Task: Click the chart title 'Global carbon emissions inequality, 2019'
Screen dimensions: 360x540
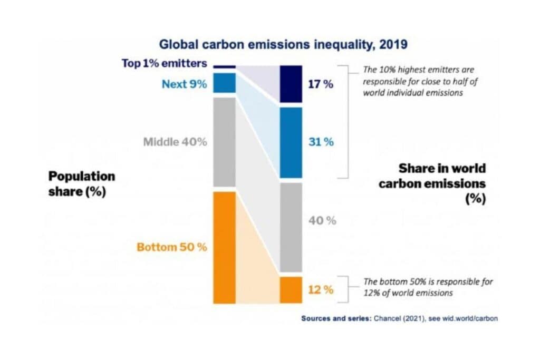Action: pyautogui.click(x=283, y=44)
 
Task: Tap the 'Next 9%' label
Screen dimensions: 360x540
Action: pyautogui.click(x=184, y=83)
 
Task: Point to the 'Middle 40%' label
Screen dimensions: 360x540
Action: pyautogui.click(x=175, y=142)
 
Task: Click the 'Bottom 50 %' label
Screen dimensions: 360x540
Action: pyautogui.click(x=171, y=247)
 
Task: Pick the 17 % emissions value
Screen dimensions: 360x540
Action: pyautogui.click(x=321, y=84)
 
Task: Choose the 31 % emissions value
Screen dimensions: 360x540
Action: pyautogui.click(x=321, y=142)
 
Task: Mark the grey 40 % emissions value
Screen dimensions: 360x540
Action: pyautogui.click(x=322, y=220)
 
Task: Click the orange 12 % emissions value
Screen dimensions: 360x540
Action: pyautogui.click(x=321, y=290)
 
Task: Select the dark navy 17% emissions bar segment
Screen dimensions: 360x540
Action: pyautogui.click(x=291, y=84)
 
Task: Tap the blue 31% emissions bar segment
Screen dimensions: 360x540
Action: pyautogui.click(x=291, y=142)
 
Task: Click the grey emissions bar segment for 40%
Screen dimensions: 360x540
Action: pyautogui.click(x=291, y=227)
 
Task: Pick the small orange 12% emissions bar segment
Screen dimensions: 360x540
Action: pyautogui.click(x=291, y=290)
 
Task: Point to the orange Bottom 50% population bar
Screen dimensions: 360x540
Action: pyautogui.click(x=224, y=247)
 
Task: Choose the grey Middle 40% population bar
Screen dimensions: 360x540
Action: pyautogui.click(x=224, y=142)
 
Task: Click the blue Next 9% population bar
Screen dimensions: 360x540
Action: pyautogui.click(x=224, y=83)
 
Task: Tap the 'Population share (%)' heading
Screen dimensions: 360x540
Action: pyautogui.click(x=81, y=183)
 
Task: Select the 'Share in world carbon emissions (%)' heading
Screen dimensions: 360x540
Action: pyautogui.click(x=442, y=183)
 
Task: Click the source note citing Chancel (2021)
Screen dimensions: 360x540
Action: pyautogui.click(x=399, y=318)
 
